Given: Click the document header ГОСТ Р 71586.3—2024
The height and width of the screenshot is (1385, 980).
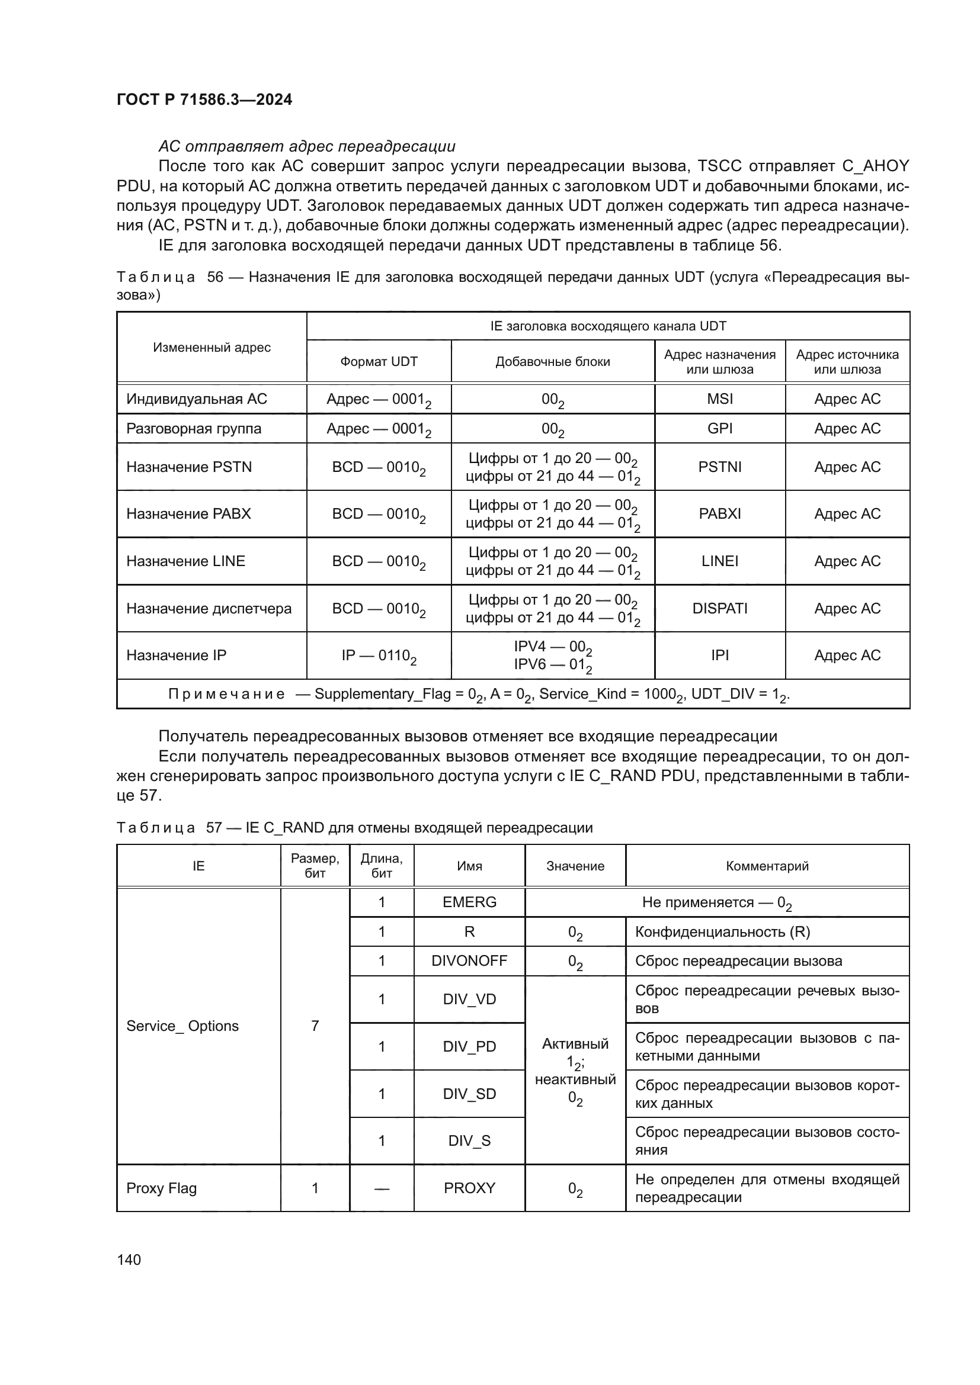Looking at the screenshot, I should [x=204, y=99].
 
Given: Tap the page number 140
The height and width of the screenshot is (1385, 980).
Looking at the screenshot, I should [x=129, y=1259].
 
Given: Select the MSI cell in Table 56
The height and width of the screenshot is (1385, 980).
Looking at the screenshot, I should [x=719, y=399].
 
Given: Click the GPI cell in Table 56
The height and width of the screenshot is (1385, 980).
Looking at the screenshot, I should [x=719, y=428].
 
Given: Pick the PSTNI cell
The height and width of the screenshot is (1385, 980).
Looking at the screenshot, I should [x=719, y=467].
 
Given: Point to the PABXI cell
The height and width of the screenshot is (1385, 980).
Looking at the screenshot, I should [x=719, y=514].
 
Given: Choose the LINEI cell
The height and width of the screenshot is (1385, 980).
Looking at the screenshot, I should [x=719, y=561].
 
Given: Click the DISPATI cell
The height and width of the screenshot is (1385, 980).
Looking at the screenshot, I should [x=719, y=608].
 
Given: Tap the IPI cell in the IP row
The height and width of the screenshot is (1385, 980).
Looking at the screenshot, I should [x=719, y=655].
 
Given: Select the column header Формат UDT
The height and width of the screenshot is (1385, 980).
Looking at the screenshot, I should [x=379, y=361].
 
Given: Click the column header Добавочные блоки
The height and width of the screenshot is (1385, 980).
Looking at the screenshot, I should [x=552, y=361].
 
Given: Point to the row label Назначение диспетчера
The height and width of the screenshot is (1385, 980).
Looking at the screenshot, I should [x=209, y=608].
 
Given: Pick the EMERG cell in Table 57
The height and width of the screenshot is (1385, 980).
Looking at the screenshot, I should [x=469, y=902].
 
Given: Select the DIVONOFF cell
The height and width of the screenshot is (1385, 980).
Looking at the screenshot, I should [x=469, y=961].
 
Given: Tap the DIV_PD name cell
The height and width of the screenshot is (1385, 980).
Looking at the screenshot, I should [x=469, y=1046].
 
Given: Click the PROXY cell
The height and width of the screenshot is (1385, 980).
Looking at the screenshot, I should [x=469, y=1188].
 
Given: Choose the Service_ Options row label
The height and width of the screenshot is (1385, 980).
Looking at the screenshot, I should [x=182, y=1026].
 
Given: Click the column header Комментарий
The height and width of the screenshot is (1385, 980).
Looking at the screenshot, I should [x=766, y=866].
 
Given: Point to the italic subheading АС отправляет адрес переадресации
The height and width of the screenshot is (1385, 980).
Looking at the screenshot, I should [x=306, y=147].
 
